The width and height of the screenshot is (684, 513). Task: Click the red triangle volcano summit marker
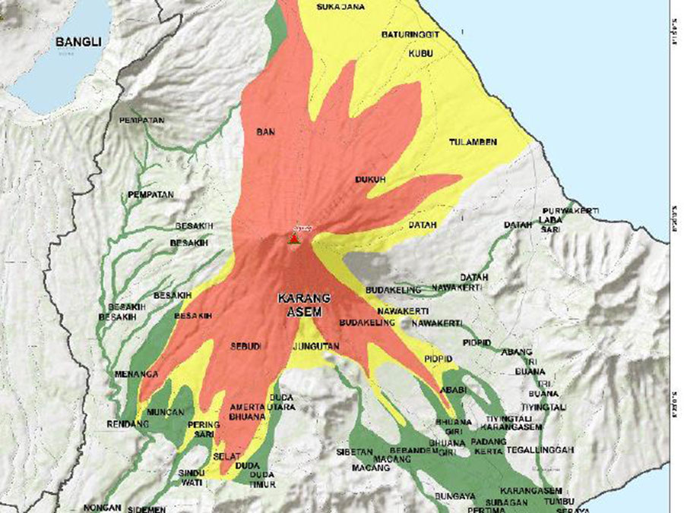(293, 238)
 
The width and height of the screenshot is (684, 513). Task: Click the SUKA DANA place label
(341, 8)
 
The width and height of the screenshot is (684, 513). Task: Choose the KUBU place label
(420, 53)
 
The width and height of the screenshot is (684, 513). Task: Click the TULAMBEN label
(473, 142)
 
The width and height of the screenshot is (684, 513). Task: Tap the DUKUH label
(370, 180)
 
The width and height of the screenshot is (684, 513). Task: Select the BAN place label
(265, 132)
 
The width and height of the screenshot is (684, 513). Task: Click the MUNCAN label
(166, 412)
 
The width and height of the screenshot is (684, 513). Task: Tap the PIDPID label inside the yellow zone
(439, 357)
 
